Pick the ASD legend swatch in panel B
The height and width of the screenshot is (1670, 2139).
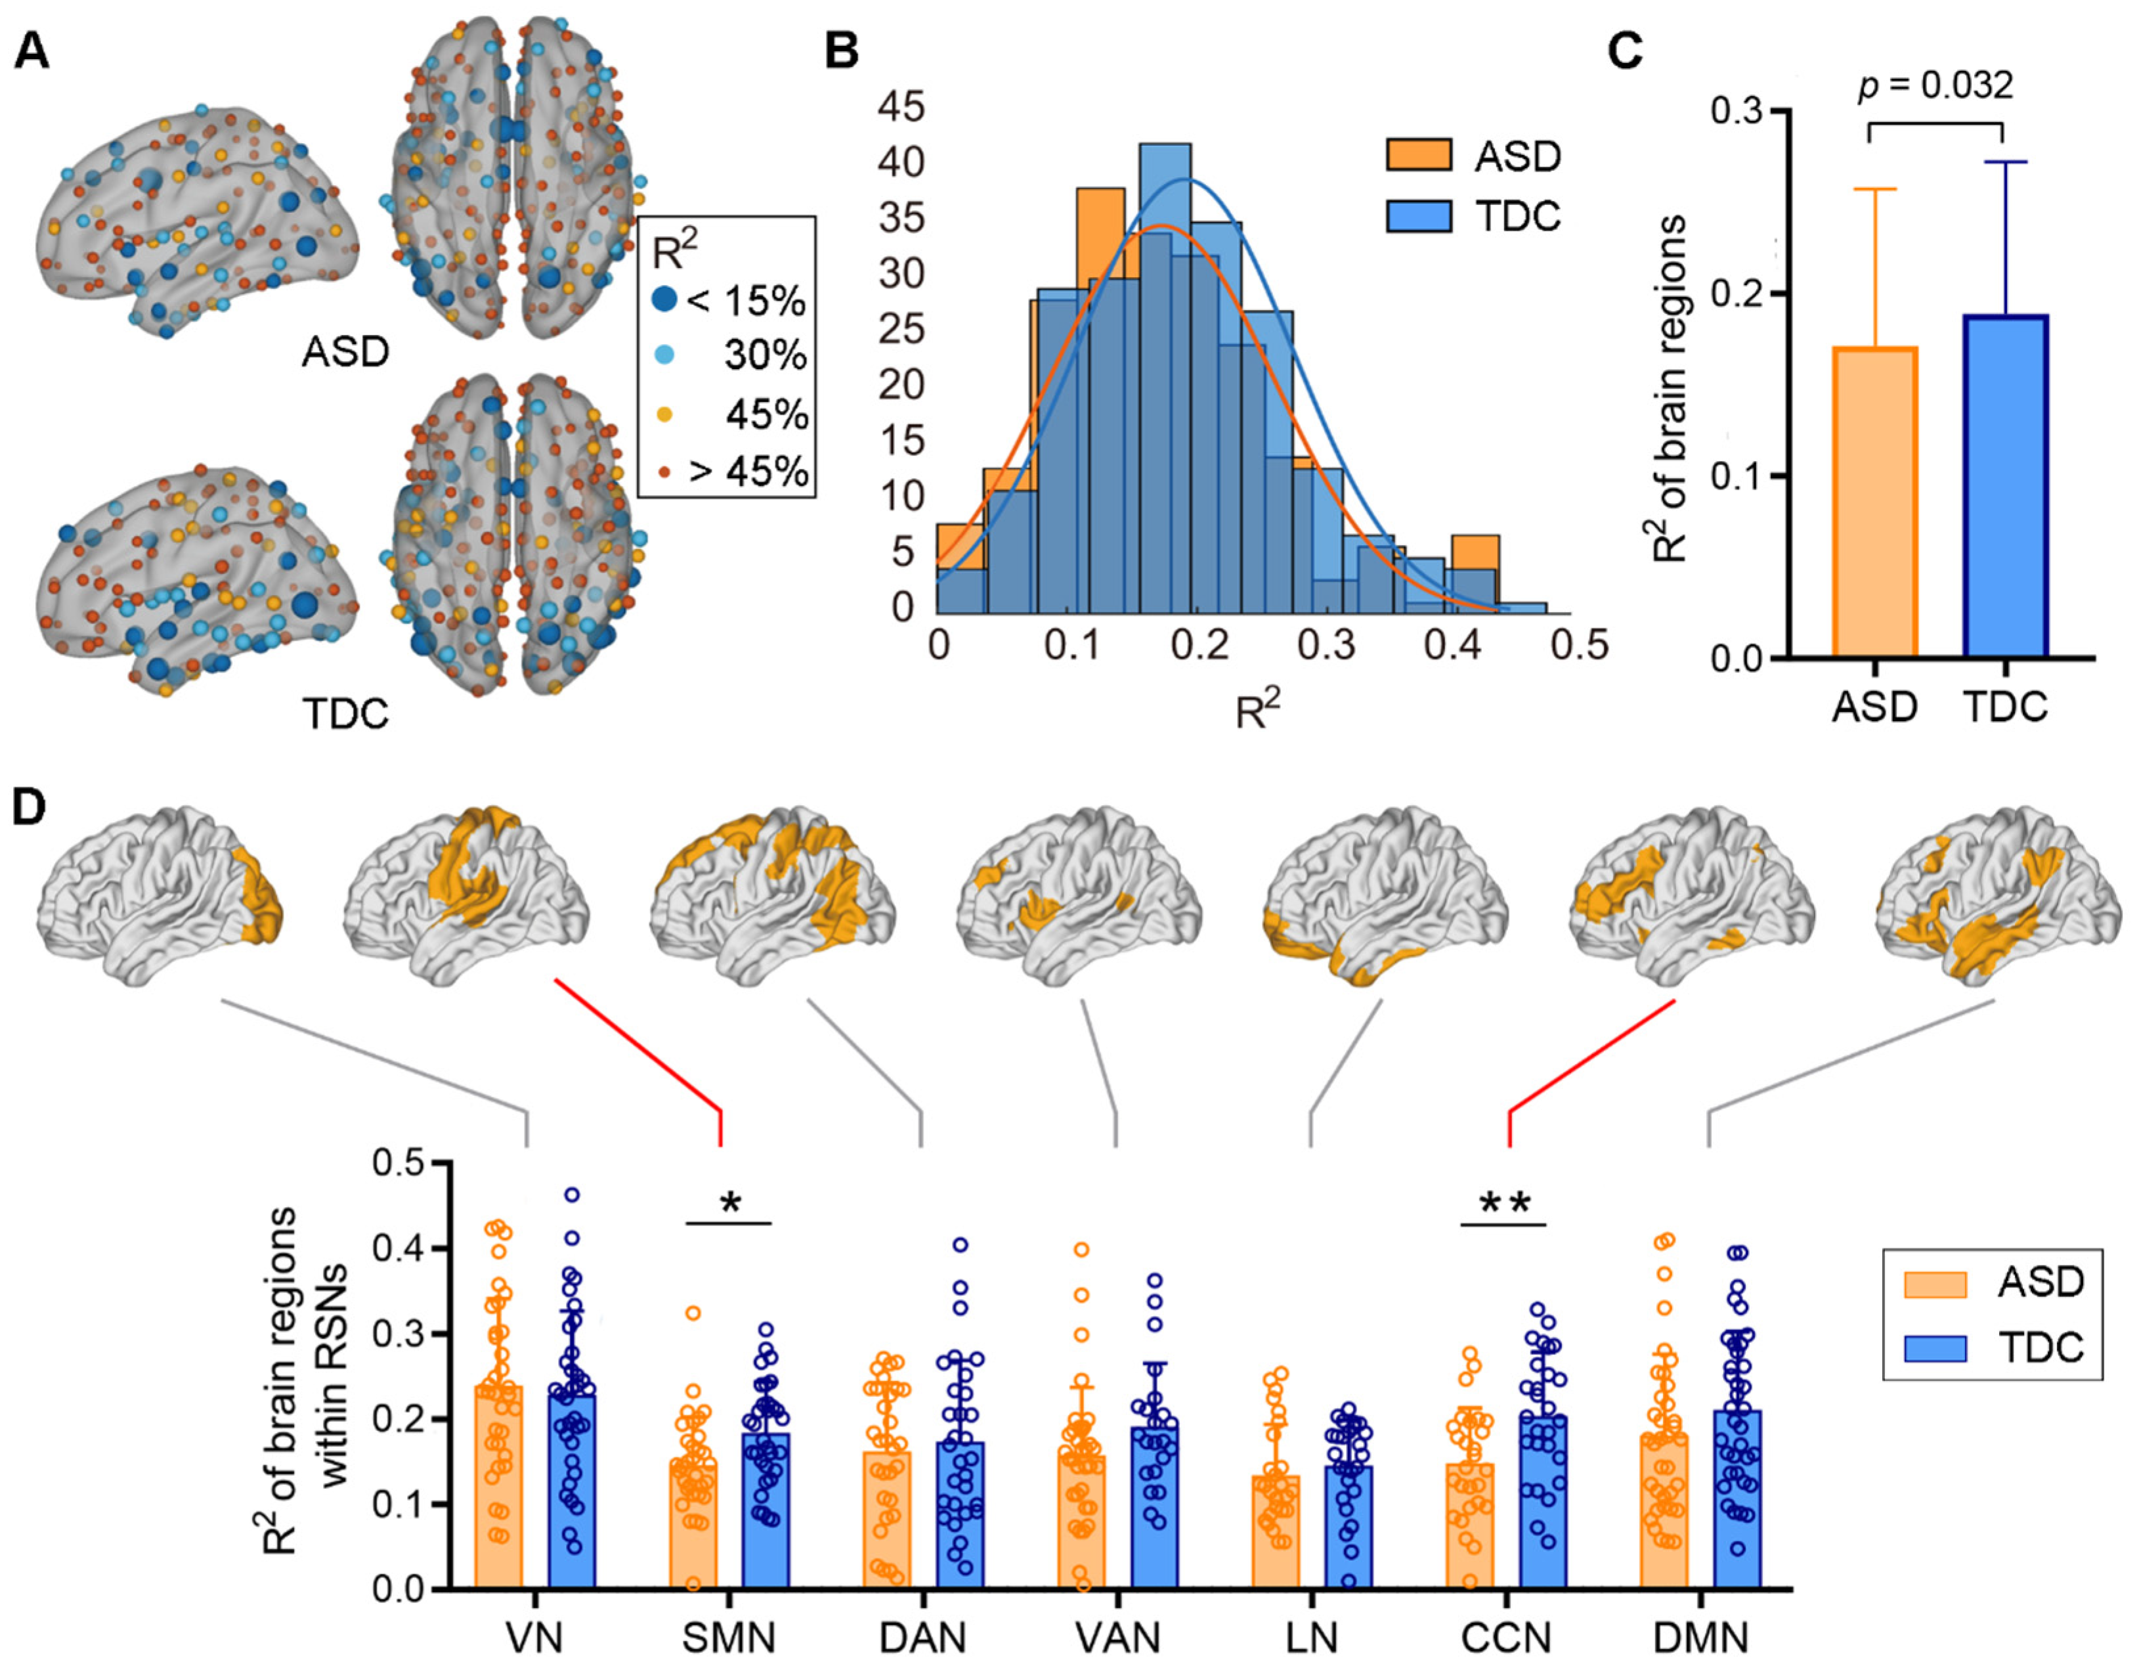[1418, 156]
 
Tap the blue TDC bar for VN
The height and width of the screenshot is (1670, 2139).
[572, 1489]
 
